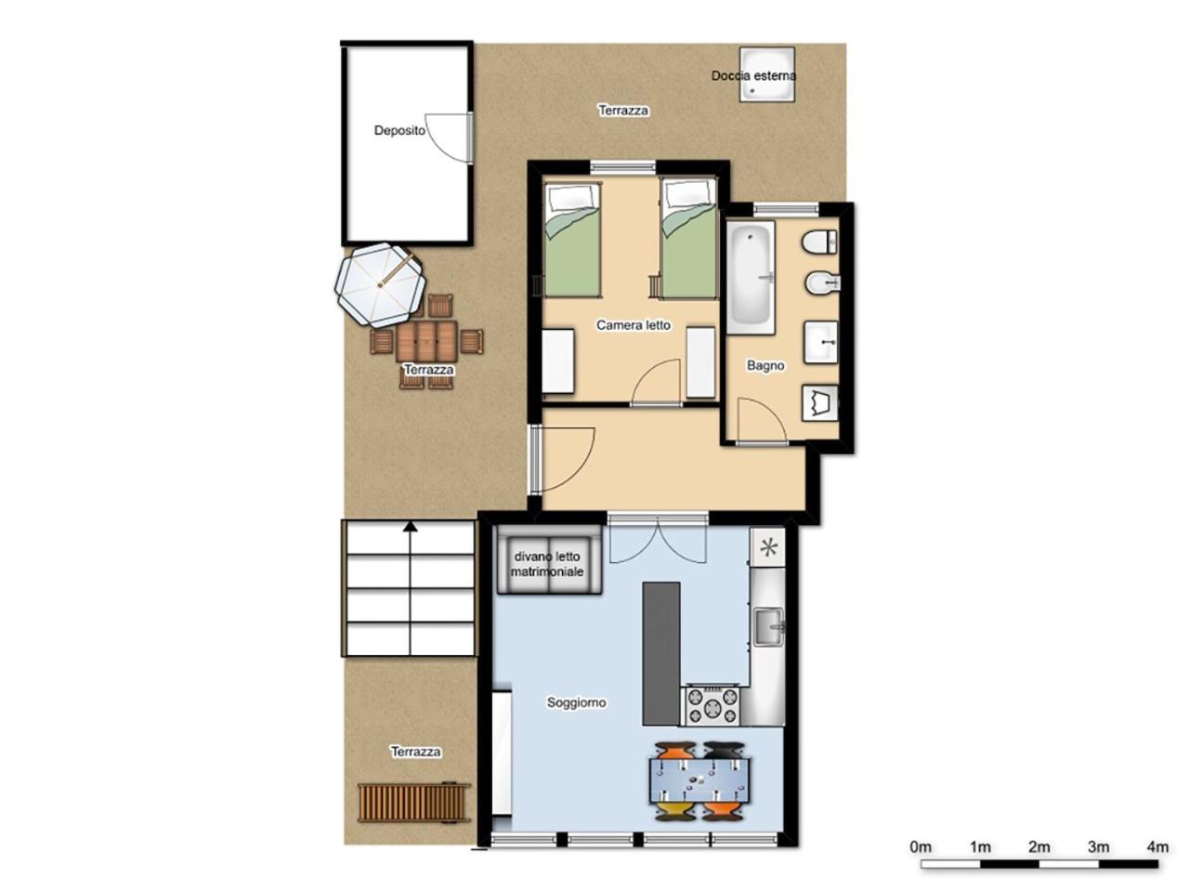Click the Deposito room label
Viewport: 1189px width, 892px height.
pos(399,130)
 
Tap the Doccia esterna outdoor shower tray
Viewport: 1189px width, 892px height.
pos(766,74)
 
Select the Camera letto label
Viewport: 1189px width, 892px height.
pos(634,325)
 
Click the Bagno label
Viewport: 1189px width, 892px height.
pos(765,365)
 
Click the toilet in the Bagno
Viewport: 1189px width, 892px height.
pos(820,242)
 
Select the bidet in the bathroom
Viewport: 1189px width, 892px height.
pos(821,282)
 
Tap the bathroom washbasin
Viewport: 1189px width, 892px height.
pos(820,342)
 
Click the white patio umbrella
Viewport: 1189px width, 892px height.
pos(380,284)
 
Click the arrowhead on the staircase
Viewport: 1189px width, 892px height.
pos(410,525)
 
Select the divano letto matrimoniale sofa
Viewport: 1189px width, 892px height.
pos(549,559)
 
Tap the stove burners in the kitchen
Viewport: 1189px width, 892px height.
pos(713,705)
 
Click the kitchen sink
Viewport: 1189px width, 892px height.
pos(768,627)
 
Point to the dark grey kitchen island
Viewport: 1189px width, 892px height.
pos(660,654)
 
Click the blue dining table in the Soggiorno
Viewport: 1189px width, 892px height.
pos(699,780)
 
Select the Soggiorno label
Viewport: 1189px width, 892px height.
pos(576,702)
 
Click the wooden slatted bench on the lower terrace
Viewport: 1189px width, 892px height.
pos(412,803)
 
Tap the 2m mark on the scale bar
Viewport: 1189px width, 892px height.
pos(1039,847)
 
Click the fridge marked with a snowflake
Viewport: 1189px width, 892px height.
pos(767,547)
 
